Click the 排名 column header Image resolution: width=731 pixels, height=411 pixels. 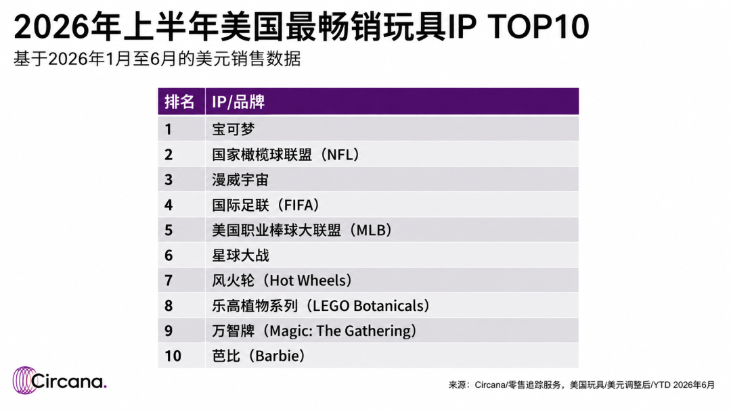(179, 101)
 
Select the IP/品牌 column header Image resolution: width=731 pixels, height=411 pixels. (238, 101)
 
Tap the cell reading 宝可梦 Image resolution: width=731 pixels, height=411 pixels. (233, 129)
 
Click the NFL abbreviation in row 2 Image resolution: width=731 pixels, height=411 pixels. (339, 155)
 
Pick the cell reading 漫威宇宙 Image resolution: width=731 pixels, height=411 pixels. (240, 180)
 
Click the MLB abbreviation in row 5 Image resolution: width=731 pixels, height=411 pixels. (371, 230)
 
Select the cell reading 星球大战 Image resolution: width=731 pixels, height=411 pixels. (240, 255)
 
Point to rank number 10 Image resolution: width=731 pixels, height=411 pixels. (173, 356)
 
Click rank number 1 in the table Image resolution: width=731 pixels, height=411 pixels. (169, 129)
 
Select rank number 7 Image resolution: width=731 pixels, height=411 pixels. (169, 281)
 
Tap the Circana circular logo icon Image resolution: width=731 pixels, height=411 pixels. (24, 381)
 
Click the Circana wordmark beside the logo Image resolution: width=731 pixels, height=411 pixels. (68, 381)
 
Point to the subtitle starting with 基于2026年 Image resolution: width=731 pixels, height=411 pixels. (157, 59)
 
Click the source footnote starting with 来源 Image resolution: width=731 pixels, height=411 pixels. (581, 385)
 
